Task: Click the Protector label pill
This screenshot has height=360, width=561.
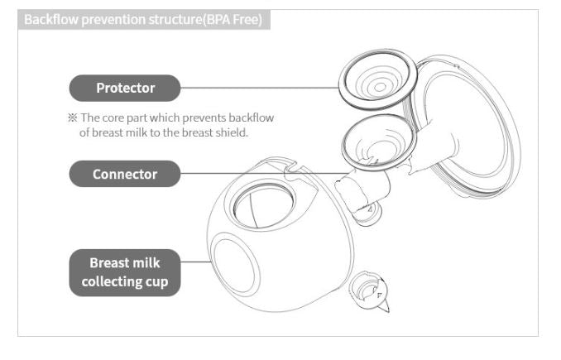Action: [x=125, y=88]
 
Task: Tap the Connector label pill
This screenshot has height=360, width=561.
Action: [x=125, y=174]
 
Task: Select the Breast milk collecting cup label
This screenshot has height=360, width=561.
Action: [x=125, y=272]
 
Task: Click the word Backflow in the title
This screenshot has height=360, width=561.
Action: [x=50, y=19]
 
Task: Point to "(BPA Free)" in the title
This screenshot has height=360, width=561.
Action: [x=233, y=19]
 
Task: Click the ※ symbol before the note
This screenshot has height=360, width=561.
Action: [x=72, y=118]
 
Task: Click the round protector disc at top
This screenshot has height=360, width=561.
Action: [x=378, y=79]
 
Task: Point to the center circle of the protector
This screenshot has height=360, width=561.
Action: [x=380, y=87]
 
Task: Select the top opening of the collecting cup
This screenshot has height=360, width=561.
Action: [x=263, y=206]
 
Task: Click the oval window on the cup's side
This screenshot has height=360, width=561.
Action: [x=235, y=264]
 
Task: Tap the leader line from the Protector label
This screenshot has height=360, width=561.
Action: [x=260, y=88]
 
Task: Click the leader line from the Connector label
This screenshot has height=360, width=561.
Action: [x=264, y=174]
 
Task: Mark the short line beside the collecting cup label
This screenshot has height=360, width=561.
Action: [x=196, y=262]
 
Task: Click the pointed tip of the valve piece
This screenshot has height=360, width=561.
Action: [x=388, y=311]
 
